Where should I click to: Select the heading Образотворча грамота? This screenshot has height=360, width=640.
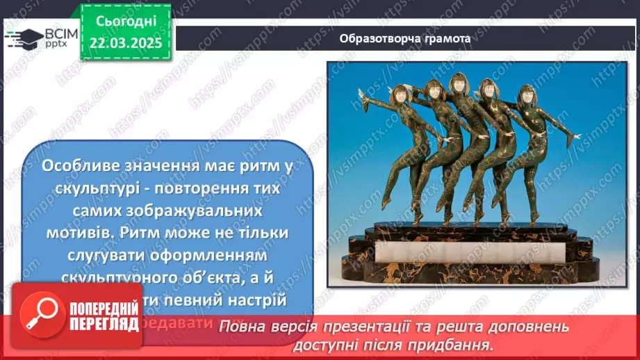405,38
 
